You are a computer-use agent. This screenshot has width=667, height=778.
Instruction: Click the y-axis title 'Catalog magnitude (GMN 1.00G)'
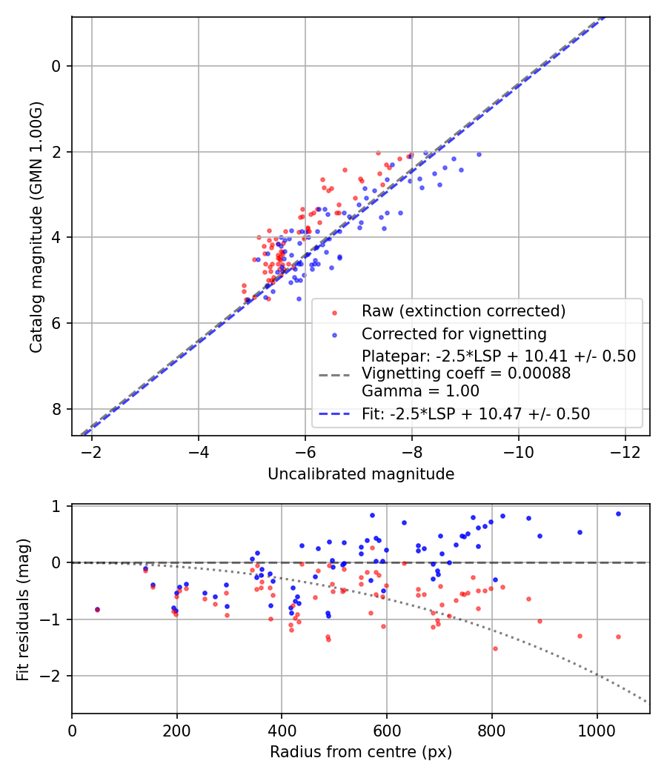(x=36, y=227)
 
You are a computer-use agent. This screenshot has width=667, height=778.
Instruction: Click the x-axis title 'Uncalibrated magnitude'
(x=360, y=474)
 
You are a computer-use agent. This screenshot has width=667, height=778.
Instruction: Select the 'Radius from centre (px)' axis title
(x=360, y=752)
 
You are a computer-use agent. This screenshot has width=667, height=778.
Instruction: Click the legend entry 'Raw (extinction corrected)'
(x=463, y=310)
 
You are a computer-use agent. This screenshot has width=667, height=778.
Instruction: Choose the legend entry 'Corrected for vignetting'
(x=454, y=333)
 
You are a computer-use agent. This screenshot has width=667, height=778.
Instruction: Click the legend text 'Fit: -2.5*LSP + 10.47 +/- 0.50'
(x=476, y=414)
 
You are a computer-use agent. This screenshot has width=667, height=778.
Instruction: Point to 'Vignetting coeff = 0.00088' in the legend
(x=465, y=374)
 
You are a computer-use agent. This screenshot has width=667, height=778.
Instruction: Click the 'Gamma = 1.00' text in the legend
(x=420, y=391)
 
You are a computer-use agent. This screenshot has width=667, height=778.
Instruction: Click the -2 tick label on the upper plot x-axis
(x=91, y=451)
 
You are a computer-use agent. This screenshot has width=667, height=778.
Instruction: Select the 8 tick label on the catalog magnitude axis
(x=56, y=409)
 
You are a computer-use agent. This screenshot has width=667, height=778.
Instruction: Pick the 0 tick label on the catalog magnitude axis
(x=56, y=66)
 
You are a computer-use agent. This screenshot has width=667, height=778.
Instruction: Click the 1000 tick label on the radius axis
(x=597, y=729)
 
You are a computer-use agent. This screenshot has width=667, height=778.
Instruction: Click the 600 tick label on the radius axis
(x=387, y=729)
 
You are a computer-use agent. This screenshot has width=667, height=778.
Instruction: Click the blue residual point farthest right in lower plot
(x=618, y=513)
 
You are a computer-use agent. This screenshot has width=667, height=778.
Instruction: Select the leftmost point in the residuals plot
(x=97, y=610)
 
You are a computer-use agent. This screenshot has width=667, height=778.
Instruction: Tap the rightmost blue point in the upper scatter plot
(x=479, y=154)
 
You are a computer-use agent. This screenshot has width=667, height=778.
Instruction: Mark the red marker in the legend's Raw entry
(x=334, y=311)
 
